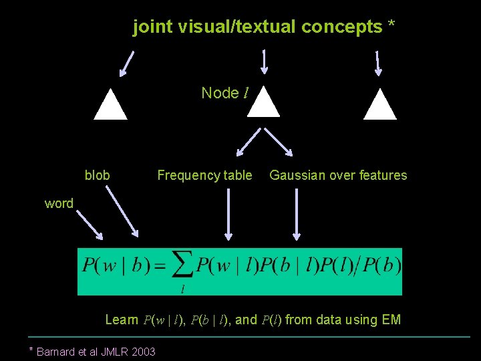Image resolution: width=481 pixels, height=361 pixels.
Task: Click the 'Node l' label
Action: [224, 93]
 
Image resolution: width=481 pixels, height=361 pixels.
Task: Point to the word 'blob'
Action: [97, 175]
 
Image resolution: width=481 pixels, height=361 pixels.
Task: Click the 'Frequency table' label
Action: [204, 175]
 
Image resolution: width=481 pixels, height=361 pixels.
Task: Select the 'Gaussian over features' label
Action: [338, 175]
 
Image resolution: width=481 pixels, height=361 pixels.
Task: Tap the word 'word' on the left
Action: [59, 203]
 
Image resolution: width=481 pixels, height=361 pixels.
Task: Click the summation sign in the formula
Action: [181, 266]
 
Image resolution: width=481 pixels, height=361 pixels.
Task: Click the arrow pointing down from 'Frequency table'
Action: [228, 214]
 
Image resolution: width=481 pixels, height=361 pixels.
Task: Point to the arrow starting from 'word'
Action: [89, 225]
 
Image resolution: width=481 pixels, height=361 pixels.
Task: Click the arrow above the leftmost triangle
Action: [127, 63]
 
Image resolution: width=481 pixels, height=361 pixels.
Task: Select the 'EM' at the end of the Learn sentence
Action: [391, 320]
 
